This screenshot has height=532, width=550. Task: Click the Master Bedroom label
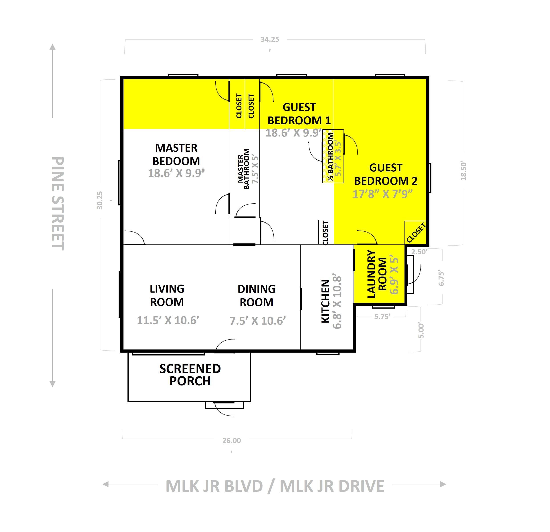coord(176,154)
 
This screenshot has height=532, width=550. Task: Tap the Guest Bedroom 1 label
coord(299,114)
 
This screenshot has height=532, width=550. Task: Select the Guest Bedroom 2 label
coord(386,174)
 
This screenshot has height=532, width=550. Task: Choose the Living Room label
coord(167,295)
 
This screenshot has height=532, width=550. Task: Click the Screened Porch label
coord(190,375)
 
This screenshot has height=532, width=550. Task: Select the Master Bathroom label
coord(243,169)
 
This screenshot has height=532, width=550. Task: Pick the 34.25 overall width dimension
coord(270,40)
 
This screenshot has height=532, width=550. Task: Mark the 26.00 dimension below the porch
coord(232,441)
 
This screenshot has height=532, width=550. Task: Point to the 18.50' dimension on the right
coord(463,171)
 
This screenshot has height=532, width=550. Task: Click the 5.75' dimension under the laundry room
coord(382,316)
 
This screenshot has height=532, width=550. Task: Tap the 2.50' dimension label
coord(419,252)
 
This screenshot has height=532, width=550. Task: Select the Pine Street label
coord(58,203)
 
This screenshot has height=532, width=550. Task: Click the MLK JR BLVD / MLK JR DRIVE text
coord(275,486)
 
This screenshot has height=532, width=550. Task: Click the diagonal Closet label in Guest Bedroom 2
coord(416,233)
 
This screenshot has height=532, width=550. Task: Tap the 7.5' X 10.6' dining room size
coord(258,321)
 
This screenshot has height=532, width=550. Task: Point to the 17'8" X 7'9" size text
coord(382,194)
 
